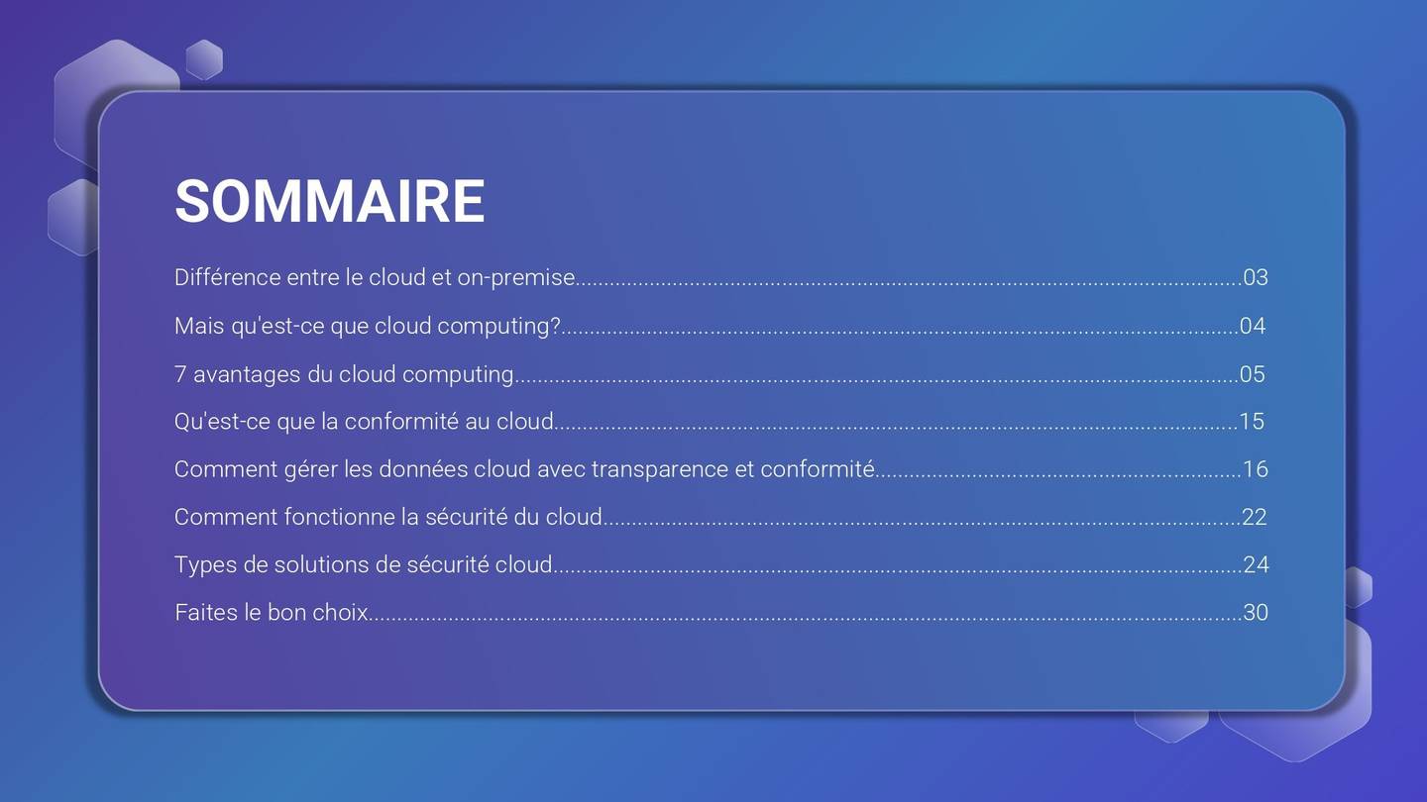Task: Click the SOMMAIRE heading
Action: (x=329, y=201)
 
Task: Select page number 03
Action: (x=1256, y=277)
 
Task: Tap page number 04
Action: (x=1253, y=326)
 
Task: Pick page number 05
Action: (x=1253, y=374)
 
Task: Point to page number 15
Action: (x=1253, y=421)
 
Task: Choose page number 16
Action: (x=1256, y=469)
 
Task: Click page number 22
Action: (x=1255, y=517)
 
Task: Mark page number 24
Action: (x=1256, y=564)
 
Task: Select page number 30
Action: (x=1256, y=612)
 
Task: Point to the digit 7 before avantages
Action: (x=180, y=374)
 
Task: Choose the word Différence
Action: (x=227, y=277)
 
